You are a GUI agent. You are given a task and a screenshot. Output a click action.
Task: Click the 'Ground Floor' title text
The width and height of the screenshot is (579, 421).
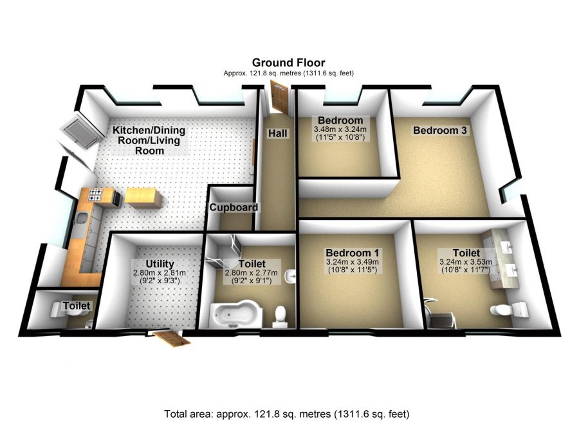tap(288, 62)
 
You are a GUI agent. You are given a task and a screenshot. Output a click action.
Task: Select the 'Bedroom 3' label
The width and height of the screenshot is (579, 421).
tap(439, 130)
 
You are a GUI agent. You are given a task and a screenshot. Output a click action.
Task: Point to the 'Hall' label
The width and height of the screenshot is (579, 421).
tap(278, 134)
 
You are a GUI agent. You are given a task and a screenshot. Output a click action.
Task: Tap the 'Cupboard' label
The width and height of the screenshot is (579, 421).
tap(233, 207)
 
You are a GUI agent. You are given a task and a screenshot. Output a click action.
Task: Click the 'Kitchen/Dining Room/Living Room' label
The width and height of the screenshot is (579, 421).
tap(147, 140)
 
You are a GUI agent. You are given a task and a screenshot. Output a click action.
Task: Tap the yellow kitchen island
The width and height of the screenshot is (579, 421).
tap(143, 196)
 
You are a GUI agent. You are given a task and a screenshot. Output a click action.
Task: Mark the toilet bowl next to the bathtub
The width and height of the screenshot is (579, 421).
tap(280, 315)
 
